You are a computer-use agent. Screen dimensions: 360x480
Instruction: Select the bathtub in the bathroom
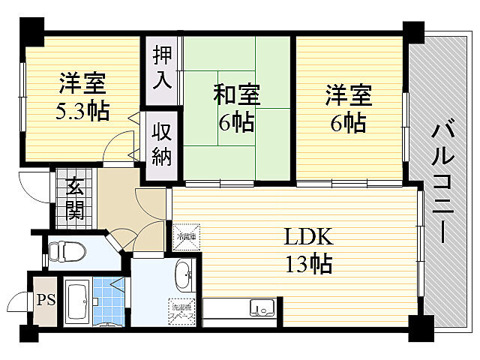tap(77, 301)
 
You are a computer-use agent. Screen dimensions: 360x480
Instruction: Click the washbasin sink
tap(183, 277)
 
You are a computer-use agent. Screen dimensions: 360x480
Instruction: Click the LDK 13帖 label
tap(307, 250)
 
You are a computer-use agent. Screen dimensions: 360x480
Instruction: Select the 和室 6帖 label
tap(236, 108)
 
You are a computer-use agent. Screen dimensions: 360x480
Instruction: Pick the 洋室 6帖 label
tap(348, 108)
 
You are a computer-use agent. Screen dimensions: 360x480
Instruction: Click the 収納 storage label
tap(163, 144)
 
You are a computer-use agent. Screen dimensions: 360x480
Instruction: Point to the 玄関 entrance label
tap(74, 199)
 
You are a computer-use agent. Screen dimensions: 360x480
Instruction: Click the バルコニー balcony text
tap(442, 180)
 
